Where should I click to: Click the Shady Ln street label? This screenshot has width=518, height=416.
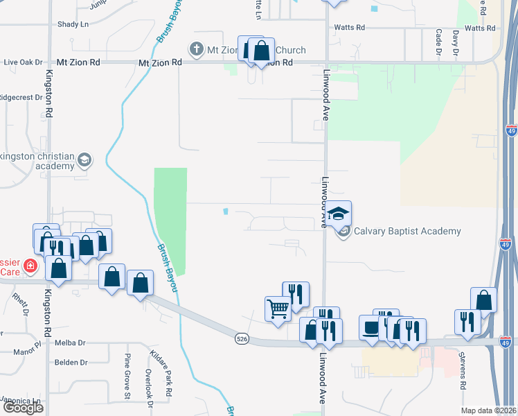pos(74,24)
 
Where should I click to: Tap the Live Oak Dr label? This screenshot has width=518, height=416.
pos(23,62)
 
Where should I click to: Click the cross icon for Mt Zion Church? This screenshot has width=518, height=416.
pos(196,50)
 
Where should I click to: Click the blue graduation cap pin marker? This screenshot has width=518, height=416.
pos(339,214)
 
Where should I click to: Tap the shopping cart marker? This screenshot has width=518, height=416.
pos(278,309)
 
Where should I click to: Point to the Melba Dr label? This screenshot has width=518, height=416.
pos(71,343)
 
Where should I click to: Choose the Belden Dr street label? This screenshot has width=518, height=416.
pos(71,362)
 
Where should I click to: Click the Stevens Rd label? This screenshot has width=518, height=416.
pos(463,374)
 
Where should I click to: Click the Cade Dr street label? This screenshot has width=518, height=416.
pos(438,42)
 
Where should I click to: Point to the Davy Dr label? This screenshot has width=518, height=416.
pos(456,42)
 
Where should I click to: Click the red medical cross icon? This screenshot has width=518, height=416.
pos(30,266)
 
